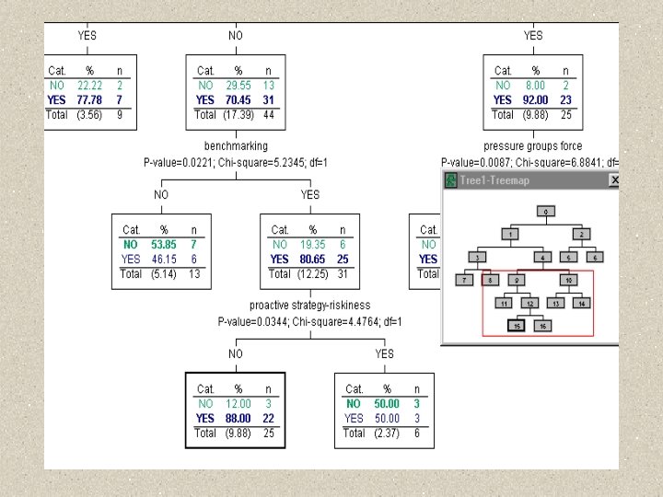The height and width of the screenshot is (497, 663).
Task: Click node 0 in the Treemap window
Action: pyautogui.click(x=545, y=212)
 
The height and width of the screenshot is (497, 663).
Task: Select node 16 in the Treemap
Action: pyautogui.click(x=543, y=326)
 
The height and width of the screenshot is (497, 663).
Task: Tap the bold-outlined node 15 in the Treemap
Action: pyautogui.click(x=518, y=326)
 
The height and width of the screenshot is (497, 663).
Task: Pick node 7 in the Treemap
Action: pyautogui.click(x=466, y=280)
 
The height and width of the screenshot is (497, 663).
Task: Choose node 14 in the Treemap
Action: pyautogui.click(x=582, y=303)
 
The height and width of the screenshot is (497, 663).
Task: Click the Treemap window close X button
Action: pyautogui.click(x=614, y=180)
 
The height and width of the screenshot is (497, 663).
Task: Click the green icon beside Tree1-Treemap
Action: pyautogui.click(x=451, y=180)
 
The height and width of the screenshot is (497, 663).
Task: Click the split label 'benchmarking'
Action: pyautogui.click(x=236, y=145)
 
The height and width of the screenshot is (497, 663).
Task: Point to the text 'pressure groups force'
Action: pyautogui.click(x=533, y=145)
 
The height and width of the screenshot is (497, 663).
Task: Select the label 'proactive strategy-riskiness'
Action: pyautogui.click(x=310, y=305)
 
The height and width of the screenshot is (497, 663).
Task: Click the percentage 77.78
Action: pyautogui.click(x=89, y=99)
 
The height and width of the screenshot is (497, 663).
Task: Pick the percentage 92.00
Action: pyautogui.click(x=535, y=99)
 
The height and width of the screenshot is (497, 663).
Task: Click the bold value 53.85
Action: pyautogui.click(x=164, y=245)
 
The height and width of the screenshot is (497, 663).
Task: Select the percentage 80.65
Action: pyautogui.click(x=313, y=260)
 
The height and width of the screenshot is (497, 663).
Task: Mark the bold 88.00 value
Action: pyautogui.click(x=238, y=418)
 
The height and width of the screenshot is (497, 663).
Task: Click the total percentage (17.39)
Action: pyautogui.click(x=238, y=114)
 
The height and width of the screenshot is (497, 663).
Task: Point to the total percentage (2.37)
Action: pyautogui.click(x=386, y=433)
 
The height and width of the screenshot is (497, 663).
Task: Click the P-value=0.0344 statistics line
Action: pyautogui.click(x=310, y=321)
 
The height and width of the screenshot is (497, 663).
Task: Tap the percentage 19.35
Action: pyautogui.click(x=313, y=245)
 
